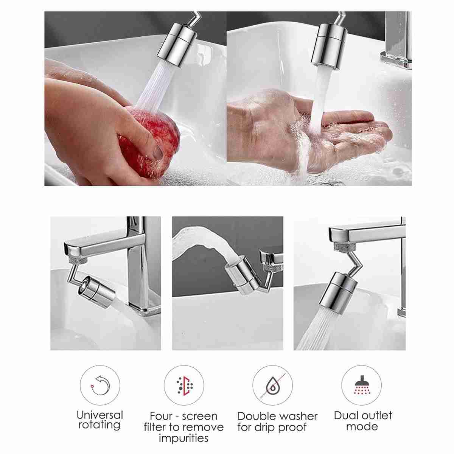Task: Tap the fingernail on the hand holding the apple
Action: (x=157, y=153)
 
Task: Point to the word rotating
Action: (x=99, y=425)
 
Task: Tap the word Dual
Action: (x=346, y=415)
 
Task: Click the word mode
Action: (x=362, y=427)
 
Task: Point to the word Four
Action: (x=161, y=416)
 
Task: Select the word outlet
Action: (x=376, y=415)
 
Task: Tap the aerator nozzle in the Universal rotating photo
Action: (x=96, y=292)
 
